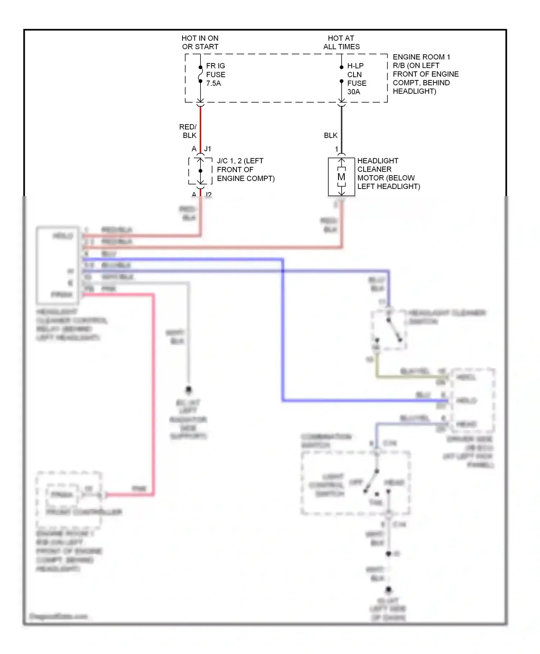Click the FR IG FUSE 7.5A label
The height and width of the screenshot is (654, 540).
click(215, 75)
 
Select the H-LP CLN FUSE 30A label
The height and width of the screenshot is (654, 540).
click(356, 79)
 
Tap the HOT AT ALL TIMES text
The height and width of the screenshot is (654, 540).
click(341, 43)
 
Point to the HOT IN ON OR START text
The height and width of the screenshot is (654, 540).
click(200, 43)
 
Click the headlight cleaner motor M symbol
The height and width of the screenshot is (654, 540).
click(341, 177)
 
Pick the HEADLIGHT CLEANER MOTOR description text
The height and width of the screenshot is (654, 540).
click(388, 173)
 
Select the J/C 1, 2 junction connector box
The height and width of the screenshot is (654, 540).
click(200, 171)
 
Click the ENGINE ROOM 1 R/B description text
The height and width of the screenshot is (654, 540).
click(425, 74)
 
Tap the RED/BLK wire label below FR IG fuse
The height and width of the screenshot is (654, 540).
click(188, 131)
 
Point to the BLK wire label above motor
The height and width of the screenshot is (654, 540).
click(330, 136)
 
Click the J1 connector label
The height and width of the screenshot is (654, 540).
click(208, 149)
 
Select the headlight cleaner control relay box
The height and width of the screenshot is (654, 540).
click(58, 265)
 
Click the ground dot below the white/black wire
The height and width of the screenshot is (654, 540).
click(188, 390)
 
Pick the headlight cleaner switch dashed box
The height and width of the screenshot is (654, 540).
click(389, 330)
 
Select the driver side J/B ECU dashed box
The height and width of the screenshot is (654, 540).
click(473, 400)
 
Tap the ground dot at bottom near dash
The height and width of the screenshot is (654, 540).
click(388, 590)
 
